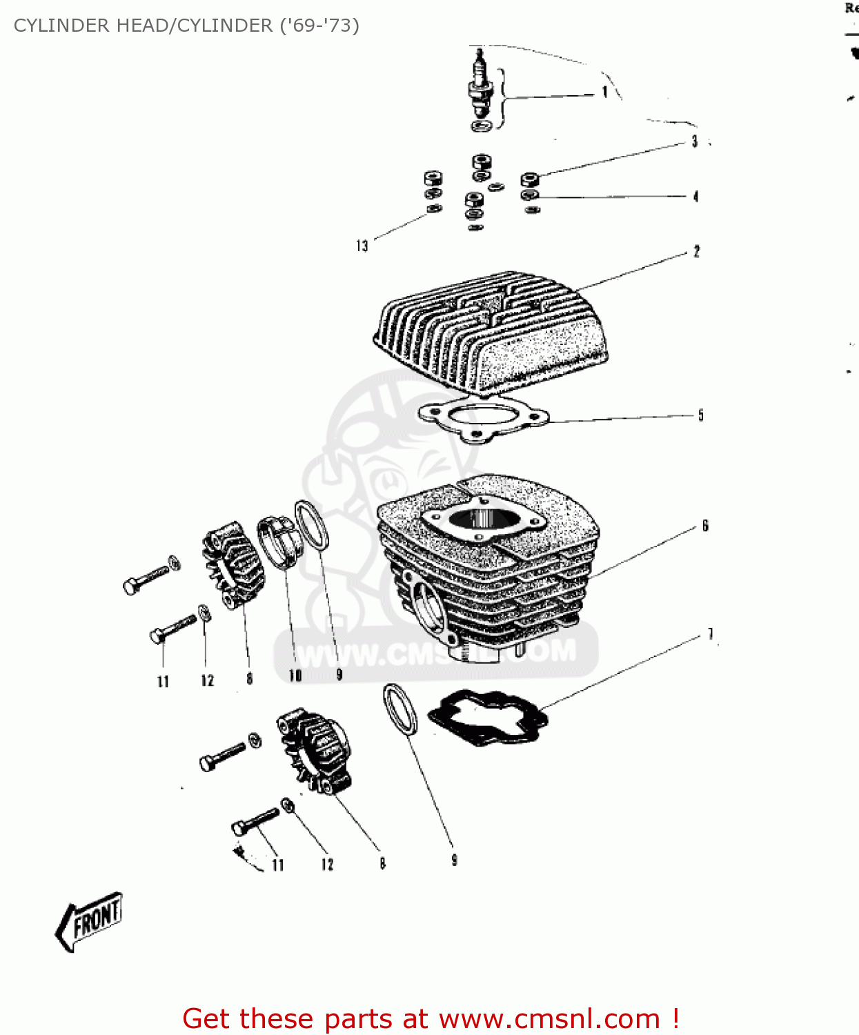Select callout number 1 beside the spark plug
coord(604,92)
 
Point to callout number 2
coord(696,252)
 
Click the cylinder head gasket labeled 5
coord(483,417)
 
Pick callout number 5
coord(700,415)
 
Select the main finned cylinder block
coord(487,566)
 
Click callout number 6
coord(705,526)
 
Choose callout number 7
coord(710,634)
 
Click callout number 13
coord(362,246)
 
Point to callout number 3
coord(695,141)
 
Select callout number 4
coord(695,197)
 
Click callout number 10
coord(295,675)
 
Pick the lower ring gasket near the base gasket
coord(400,710)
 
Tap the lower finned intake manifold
coord(314,753)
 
